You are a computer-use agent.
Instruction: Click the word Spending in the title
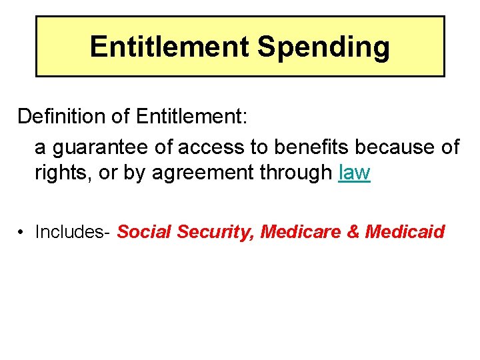tap(323, 47)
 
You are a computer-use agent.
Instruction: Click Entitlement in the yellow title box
tap(169, 47)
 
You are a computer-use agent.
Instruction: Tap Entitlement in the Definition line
tap(191, 116)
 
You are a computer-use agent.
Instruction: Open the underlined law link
tap(354, 173)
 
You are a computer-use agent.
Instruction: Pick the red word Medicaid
tap(405, 231)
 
